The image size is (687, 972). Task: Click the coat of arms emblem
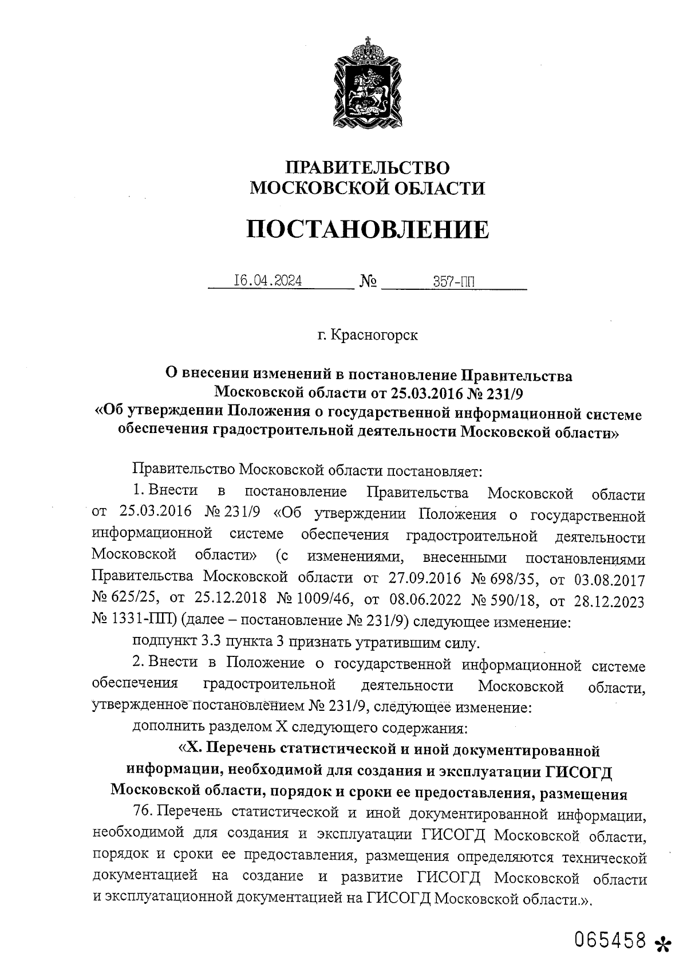363,82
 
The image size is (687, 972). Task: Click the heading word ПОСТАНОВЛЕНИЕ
368,230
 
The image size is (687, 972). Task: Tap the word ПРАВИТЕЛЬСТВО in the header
368,168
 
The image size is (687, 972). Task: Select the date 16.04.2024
269,281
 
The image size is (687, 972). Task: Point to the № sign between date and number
368,282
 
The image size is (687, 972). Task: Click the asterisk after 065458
662,943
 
